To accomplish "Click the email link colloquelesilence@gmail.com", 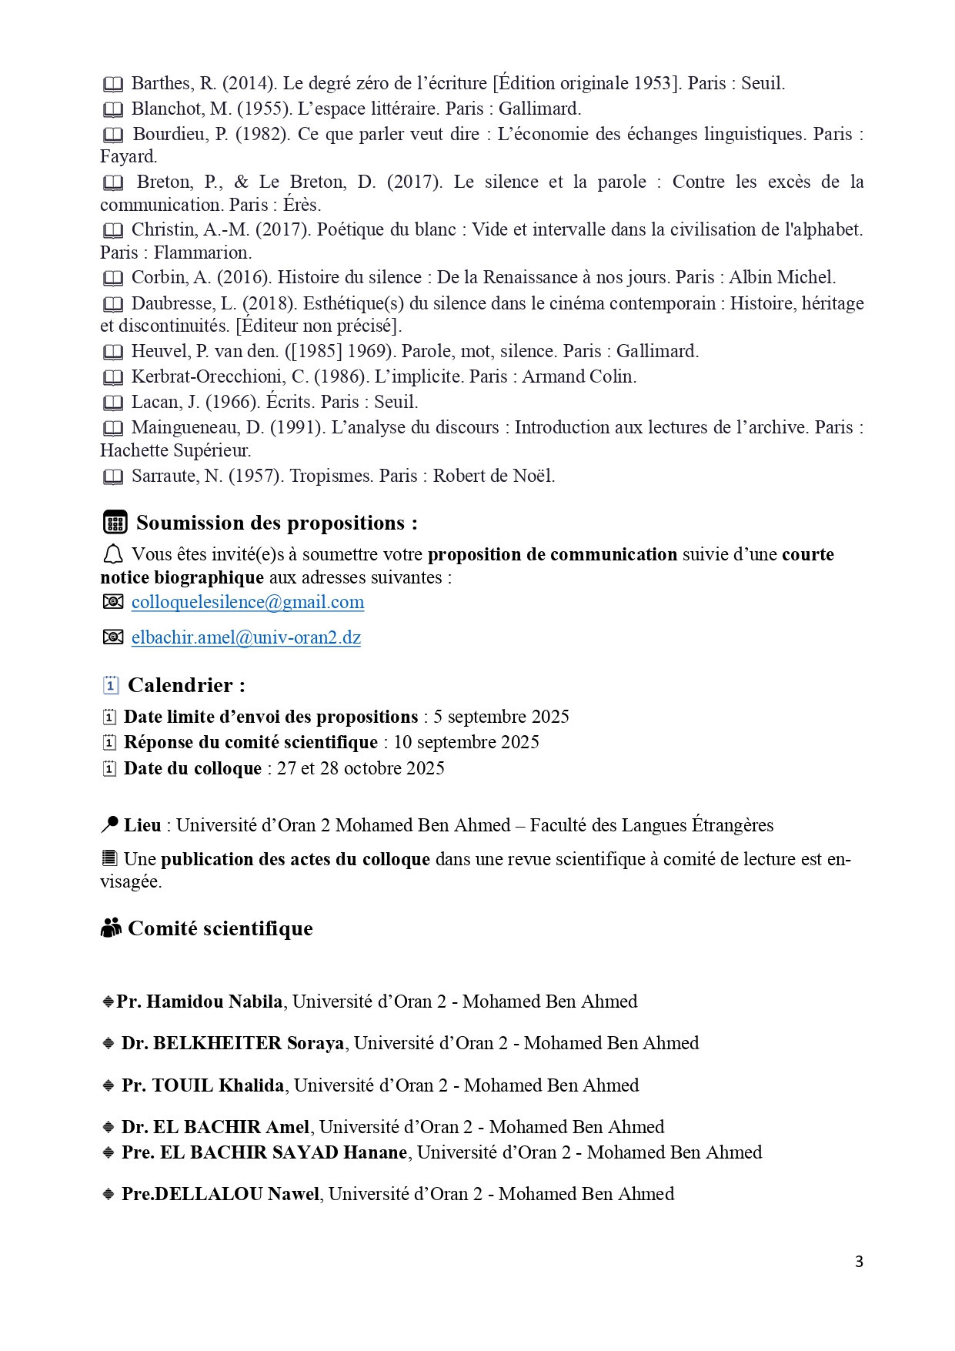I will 248,602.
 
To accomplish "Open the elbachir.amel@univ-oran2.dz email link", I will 246,637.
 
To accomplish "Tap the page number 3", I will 859,1262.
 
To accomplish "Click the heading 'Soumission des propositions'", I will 277,523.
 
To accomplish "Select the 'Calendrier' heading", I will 186,685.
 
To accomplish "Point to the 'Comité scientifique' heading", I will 220,928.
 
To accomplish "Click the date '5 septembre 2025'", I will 501,717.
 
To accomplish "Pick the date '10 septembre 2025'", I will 466,742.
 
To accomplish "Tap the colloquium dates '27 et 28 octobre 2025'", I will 361,768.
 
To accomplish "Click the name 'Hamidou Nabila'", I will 215,1002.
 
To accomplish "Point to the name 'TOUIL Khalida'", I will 218,1085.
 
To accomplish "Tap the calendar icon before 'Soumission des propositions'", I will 115,523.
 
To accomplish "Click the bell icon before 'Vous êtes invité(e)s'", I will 113,554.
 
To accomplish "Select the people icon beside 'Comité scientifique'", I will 112,928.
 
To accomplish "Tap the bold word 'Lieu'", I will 142,825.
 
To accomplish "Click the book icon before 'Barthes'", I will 113,84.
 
